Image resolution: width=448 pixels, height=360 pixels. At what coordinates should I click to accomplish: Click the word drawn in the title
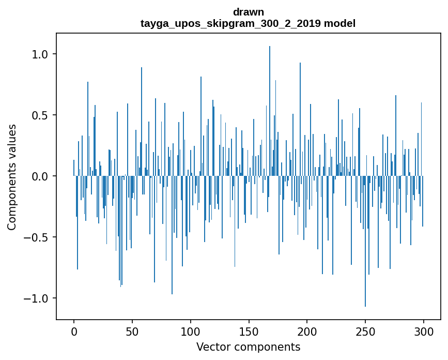point(248,12)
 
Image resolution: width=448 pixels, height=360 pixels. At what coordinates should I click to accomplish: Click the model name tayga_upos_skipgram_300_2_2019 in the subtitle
point(230,23)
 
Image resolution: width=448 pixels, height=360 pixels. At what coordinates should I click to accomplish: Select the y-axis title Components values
point(12,177)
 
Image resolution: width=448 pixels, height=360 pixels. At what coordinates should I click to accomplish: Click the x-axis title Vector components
point(248,347)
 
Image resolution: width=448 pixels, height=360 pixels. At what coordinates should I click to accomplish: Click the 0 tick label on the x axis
point(74,331)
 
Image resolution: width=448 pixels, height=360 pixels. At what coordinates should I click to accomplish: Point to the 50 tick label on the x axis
point(132,331)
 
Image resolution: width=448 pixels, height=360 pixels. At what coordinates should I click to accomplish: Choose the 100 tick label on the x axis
point(191,331)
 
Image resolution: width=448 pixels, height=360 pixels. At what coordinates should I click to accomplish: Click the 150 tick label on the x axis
point(249,331)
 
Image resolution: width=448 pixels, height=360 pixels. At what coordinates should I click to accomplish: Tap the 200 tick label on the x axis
point(307,331)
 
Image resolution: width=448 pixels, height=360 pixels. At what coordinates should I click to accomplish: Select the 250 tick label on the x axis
point(365,331)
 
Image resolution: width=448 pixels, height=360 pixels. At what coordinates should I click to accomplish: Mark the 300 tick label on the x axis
point(424,331)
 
